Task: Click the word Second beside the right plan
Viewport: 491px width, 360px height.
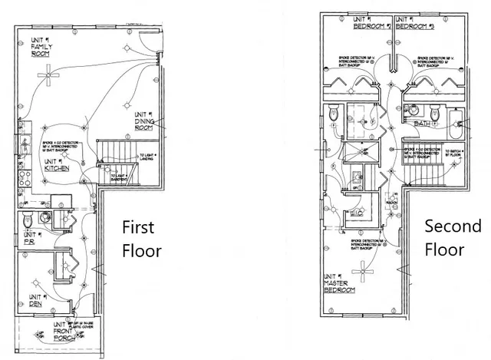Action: click(452, 226)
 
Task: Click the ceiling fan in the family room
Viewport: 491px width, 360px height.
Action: click(50, 75)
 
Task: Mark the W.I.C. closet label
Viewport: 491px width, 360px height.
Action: click(356, 211)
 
